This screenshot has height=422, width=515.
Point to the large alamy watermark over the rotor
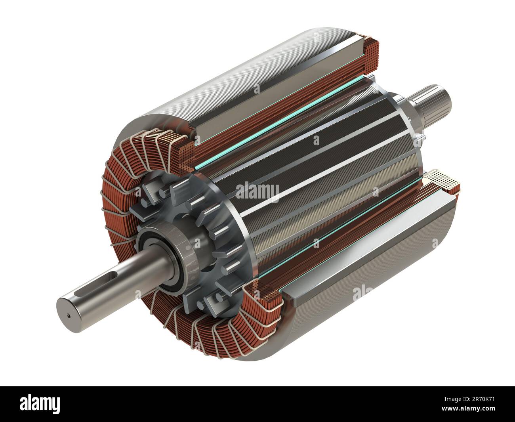click(x=257, y=191)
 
